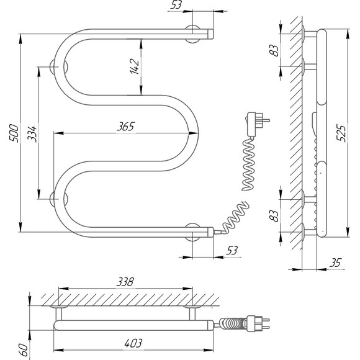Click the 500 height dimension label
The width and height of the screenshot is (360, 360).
14,133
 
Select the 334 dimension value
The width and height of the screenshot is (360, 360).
32,134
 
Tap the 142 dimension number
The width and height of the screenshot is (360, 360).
134,66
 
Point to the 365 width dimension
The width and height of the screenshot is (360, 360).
125,126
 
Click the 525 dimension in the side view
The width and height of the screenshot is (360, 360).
341,133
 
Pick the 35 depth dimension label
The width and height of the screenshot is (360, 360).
335,263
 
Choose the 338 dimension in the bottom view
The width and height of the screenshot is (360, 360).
125,282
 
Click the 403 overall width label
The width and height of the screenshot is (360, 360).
133,343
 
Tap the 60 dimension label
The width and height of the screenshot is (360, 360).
24,349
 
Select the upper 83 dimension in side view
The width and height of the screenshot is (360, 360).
274,50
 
